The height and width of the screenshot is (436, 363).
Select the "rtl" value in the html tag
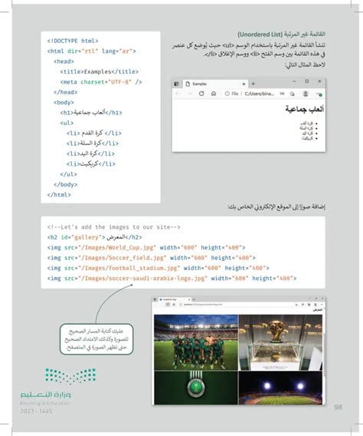coord(87,51)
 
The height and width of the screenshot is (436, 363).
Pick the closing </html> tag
coord(59,194)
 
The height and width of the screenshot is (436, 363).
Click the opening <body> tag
coord(64,101)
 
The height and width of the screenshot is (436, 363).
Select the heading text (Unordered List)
coord(263,35)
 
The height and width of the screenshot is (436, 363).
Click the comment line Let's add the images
coord(113,227)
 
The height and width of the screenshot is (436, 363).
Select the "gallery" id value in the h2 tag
coord(82,237)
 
